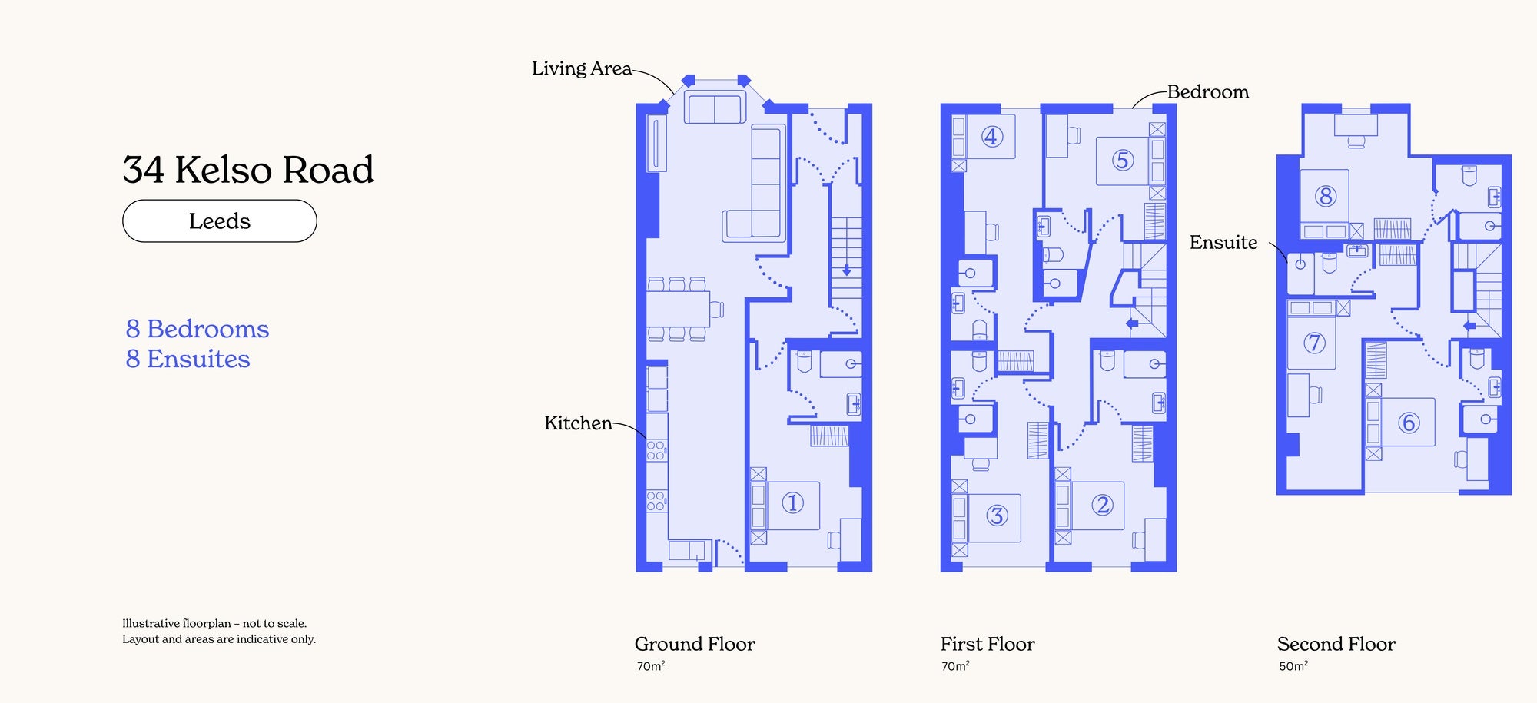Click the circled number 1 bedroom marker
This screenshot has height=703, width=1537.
(792, 503)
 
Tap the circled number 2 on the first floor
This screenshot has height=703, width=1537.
(1102, 505)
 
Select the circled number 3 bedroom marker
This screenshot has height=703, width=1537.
(997, 515)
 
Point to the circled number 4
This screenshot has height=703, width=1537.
(991, 137)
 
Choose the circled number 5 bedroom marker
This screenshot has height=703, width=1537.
(1123, 160)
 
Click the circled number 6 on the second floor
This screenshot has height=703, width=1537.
(1408, 423)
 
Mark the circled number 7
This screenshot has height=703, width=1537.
(1314, 343)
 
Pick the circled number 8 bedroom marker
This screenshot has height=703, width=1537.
(1325, 196)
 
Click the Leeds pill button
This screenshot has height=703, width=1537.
(220, 221)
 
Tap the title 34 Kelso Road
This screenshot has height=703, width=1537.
(248, 170)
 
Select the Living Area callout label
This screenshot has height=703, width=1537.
(582, 68)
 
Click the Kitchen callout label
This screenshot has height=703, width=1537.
(578, 423)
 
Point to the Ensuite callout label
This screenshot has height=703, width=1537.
(1223, 243)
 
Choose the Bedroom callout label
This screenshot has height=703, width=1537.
(1208, 92)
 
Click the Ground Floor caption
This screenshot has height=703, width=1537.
(695, 644)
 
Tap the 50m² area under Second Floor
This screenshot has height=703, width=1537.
(1293, 666)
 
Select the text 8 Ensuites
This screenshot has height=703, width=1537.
(188, 359)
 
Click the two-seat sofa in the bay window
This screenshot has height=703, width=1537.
(715, 108)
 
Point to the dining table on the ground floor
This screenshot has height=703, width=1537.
(677, 309)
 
